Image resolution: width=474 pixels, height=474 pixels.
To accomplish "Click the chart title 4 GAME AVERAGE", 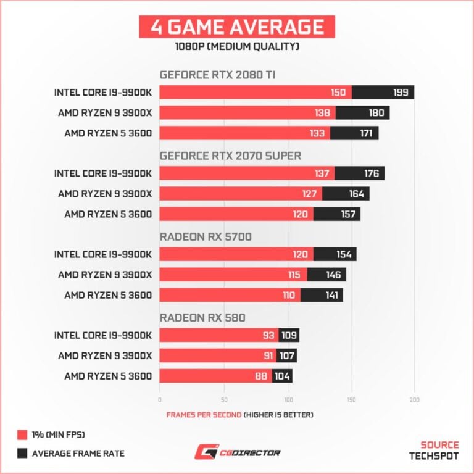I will [236, 27].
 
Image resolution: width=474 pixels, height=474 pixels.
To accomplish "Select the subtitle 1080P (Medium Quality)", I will [236, 46].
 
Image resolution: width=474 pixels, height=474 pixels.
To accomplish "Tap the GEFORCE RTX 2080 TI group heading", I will [217, 75].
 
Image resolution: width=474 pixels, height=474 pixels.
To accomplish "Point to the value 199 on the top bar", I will [400, 93].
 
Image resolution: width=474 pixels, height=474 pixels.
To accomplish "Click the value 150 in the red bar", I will [337, 93].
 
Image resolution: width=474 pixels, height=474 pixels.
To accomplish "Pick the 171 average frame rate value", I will [366, 133].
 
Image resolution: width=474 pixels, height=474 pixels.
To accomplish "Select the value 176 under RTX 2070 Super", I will [371, 173].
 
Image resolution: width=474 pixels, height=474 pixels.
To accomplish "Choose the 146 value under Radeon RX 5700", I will [333, 275].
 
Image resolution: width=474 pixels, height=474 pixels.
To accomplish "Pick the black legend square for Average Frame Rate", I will [22, 454].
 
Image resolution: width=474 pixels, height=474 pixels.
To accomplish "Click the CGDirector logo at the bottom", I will [237, 453].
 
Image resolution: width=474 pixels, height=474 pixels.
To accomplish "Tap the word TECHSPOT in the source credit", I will [434, 457].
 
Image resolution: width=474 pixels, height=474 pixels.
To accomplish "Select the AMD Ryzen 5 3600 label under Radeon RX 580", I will [108, 376].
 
